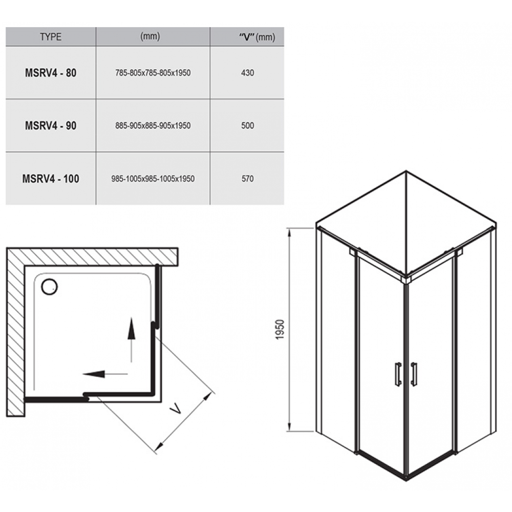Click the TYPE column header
pos(51,36)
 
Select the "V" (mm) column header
pos(257,37)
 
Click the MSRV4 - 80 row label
pos(51,73)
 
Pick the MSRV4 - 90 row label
pos(51,125)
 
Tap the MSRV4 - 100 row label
pos(51,179)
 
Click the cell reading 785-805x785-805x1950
pos(153,73)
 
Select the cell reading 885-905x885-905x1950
pos(153,125)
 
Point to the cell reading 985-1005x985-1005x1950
pos(153,179)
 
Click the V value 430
pos(247,73)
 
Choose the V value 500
pos(247,125)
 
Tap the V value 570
pos(247,179)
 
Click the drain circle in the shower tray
pos(49,287)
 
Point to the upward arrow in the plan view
pos(131,339)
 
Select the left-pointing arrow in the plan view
pos(105,374)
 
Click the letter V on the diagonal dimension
pos(176,408)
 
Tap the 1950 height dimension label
pos(280,329)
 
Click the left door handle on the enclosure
pos(398,374)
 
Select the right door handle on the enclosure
pos(414,374)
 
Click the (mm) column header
pos(150,36)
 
